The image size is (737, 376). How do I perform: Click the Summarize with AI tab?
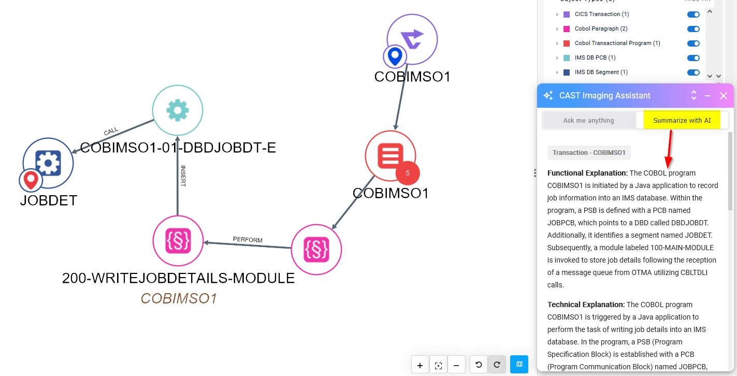pos(682,121)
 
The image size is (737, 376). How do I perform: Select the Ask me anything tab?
pos(588,121)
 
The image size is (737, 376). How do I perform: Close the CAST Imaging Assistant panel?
pos(724,96)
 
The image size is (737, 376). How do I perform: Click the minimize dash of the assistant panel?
pos(707,96)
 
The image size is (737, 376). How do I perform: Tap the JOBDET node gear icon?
pos(48,163)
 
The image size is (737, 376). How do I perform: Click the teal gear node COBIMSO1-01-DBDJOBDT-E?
pos(177,110)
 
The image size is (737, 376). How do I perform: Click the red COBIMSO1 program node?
pos(390,156)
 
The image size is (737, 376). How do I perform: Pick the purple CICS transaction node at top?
pos(412,39)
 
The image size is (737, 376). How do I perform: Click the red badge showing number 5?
pos(408,173)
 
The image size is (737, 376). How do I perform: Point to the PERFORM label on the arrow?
pos(248,240)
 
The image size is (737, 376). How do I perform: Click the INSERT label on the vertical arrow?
pos(183,176)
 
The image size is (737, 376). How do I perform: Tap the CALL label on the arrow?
pos(111,132)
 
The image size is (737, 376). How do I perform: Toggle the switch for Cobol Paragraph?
pos(693,28)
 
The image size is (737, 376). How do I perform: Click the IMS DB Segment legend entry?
pos(601,72)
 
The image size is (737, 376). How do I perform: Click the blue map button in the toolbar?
pos(519,365)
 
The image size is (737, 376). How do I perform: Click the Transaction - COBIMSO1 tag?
pos(589,153)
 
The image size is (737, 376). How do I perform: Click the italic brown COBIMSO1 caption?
pos(178,299)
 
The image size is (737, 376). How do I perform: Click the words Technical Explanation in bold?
pos(586,305)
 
